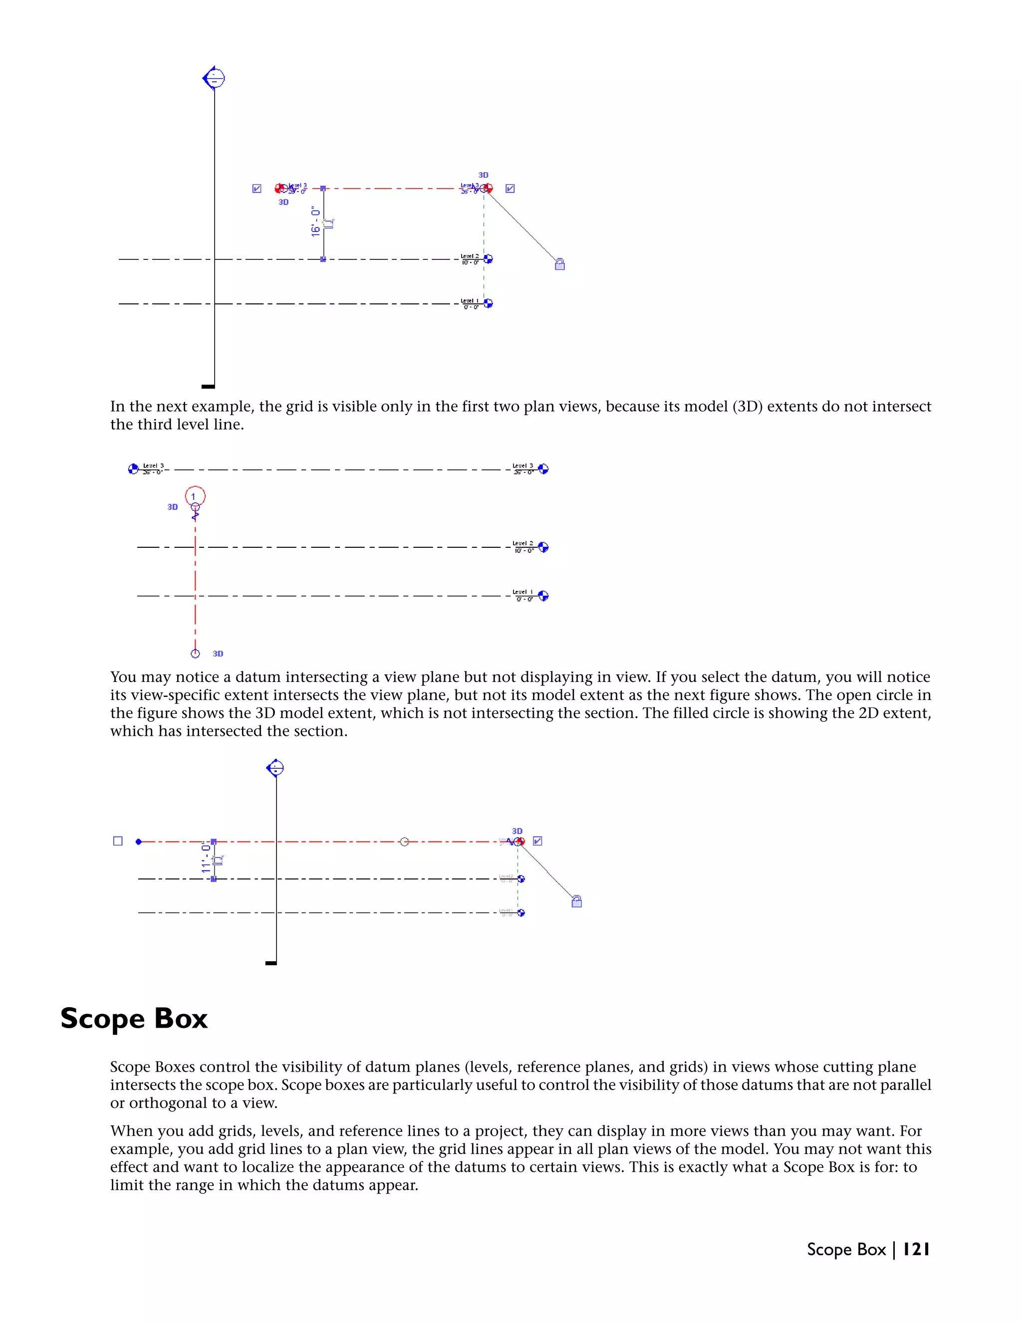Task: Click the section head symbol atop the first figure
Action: point(214,79)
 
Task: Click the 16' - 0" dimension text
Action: point(315,221)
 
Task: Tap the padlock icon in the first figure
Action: point(559,264)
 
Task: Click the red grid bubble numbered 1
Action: point(195,496)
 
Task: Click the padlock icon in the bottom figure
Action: point(576,902)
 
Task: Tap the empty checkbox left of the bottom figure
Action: point(118,841)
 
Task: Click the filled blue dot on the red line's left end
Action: point(139,842)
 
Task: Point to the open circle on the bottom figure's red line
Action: point(404,842)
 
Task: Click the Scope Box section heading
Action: point(134,1019)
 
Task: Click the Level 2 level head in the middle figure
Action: point(543,547)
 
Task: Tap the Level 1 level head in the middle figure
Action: point(543,596)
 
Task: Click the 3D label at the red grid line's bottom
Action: point(218,654)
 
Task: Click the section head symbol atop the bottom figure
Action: point(275,768)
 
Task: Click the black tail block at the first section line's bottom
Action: point(208,386)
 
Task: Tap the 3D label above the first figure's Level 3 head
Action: point(483,175)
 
